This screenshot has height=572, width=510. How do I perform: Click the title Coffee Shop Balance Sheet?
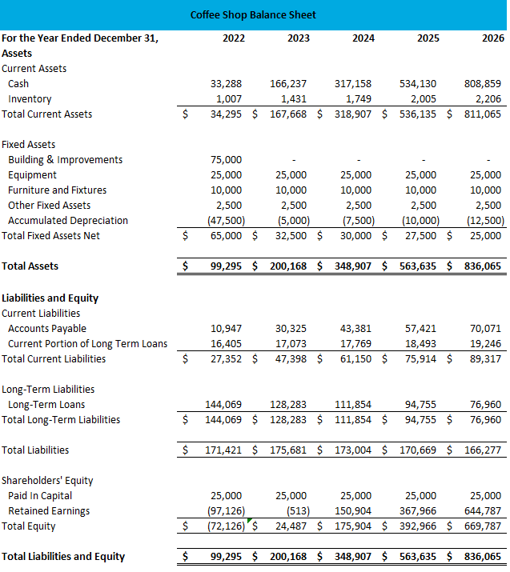click(253, 14)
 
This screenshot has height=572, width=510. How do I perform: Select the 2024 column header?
click(363, 38)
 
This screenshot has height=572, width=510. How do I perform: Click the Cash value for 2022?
click(226, 83)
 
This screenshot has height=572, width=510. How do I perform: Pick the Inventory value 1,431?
click(293, 98)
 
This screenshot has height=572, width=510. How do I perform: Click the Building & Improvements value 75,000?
click(226, 159)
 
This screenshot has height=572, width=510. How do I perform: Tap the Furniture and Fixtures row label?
click(57, 190)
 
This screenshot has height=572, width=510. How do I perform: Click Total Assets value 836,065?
click(484, 266)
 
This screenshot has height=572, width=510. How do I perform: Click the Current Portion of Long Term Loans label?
click(87, 343)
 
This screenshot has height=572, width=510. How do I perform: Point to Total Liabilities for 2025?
click(420, 450)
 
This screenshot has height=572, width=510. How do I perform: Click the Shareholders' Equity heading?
click(47, 480)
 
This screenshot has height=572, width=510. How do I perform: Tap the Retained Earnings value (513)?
click(297, 510)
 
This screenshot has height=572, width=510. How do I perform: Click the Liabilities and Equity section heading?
click(50, 298)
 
